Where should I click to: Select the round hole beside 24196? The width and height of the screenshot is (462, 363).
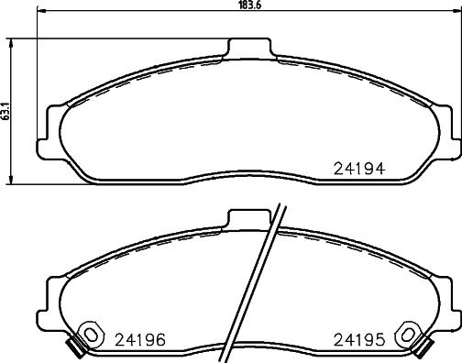[x=90, y=333]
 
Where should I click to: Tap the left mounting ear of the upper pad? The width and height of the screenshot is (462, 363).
[x=48, y=129]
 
